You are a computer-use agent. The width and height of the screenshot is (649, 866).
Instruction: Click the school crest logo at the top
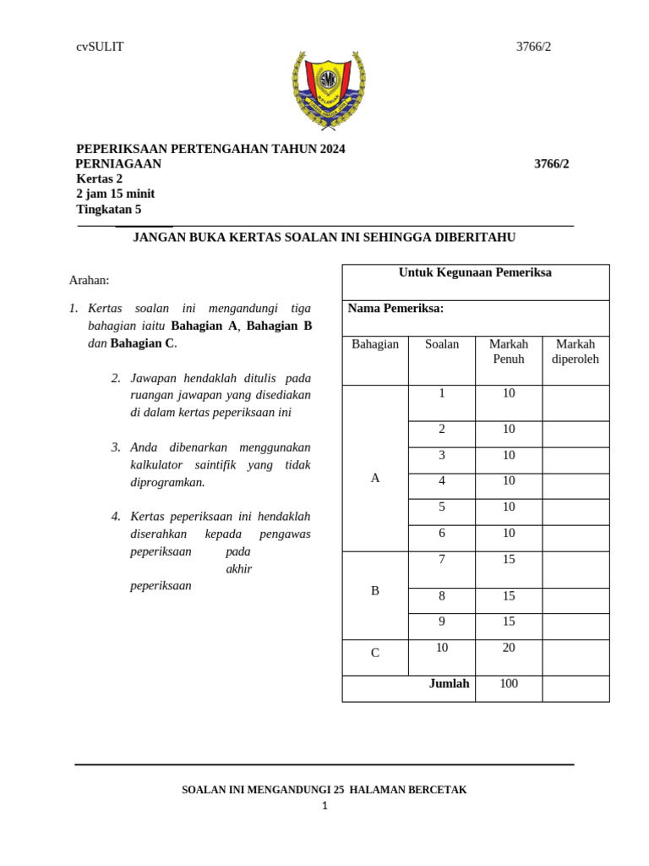[x=328, y=90]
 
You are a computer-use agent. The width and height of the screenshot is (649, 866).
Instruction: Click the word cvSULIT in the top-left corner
[x=100, y=47]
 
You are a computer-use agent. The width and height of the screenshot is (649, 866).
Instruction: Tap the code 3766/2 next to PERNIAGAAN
[x=551, y=164]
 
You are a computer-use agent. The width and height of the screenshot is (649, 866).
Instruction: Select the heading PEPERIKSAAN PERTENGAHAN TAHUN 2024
[x=210, y=149]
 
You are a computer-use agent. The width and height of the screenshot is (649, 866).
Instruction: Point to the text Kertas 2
[x=99, y=178]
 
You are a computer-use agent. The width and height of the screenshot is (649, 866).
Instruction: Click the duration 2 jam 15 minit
[x=115, y=194]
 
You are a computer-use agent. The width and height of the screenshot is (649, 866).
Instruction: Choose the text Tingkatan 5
[x=108, y=209]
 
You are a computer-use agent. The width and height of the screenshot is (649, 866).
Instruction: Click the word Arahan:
[x=89, y=280]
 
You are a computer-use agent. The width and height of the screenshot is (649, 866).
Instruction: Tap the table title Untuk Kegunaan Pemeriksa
[x=475, y=272]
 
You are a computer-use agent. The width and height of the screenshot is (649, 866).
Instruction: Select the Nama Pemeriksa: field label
[x=395, y=309]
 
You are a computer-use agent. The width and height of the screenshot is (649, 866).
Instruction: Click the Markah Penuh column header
[x=509, y=351]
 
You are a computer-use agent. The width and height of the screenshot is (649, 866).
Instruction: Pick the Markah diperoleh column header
[x=575, y=351]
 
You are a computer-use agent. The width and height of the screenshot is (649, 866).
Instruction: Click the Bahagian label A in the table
[x=375, y=478]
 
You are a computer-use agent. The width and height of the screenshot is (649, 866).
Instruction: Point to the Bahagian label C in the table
[x=375, y=653]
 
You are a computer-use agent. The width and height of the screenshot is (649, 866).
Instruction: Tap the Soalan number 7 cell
[x=441, y=560]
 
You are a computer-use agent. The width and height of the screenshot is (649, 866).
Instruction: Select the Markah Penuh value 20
[x=509, y=648]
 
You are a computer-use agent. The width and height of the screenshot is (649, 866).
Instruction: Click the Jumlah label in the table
[x=449, y=683]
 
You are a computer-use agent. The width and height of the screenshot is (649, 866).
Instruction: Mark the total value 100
[x=509, y=683]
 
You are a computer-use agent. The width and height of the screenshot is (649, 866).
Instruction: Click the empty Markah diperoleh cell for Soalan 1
[x=575, y=403]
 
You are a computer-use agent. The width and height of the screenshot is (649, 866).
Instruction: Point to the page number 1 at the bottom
[x=324, y=806]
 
